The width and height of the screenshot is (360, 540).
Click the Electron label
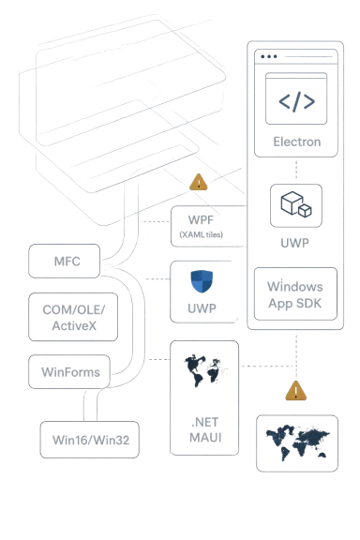tap(295, 142)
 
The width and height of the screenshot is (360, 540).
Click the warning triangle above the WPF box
tap(199, 183)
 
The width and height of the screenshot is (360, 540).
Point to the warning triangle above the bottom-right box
tap(295, 390)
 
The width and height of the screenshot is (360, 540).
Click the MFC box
tap(64, 261)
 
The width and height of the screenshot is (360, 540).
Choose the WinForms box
tap(67, 372)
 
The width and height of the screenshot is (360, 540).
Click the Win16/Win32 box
tap(90, 440)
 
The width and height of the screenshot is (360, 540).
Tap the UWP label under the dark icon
tap(295, 241)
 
